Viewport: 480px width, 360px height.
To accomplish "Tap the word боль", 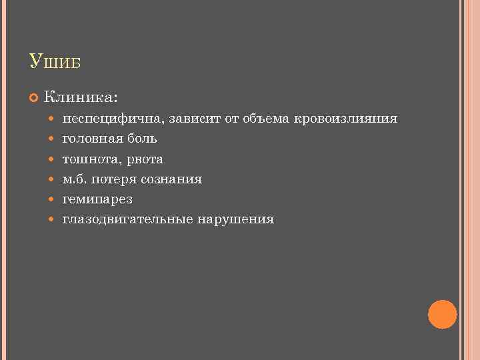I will coord(142,139).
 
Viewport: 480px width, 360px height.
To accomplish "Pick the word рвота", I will coord(144,159).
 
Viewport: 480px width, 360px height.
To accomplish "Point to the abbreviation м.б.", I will coord(76,179).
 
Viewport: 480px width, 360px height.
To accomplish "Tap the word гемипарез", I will coord(97,199).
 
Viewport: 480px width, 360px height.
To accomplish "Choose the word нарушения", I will coord(235,219).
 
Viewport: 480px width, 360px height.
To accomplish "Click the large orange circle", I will coord(442,314).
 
